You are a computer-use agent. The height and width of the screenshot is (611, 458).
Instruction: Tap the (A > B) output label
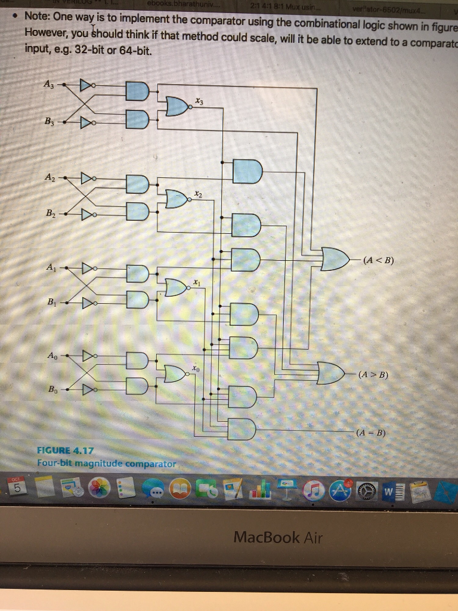pyautogui.click(x=373, y=375)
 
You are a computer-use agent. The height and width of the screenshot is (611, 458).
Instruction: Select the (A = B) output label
pyautogui.click(x=370, y=433)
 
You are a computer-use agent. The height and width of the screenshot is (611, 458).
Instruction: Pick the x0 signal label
pyautogui.click(x=195, y=369)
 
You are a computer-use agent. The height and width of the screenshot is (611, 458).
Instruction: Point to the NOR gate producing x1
pyautogui.click(x=174, y=288)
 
